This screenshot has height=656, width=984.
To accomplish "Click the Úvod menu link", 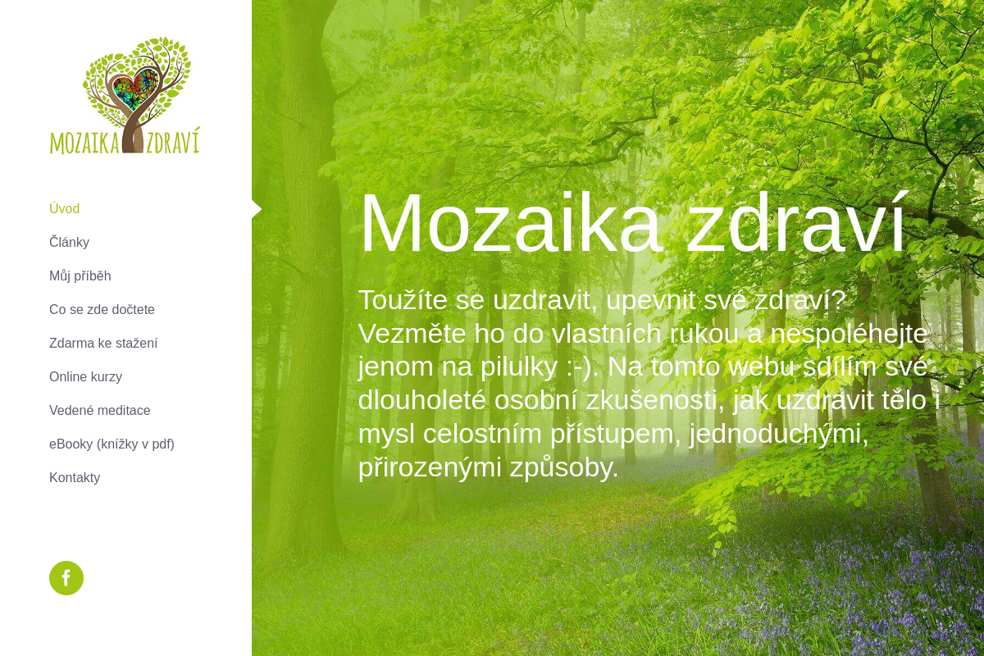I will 64,208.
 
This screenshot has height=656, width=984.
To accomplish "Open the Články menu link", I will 69,242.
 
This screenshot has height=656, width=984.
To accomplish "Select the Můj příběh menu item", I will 80,276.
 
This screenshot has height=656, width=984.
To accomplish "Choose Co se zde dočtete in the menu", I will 102,309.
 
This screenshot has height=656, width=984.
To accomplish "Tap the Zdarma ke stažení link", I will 103,343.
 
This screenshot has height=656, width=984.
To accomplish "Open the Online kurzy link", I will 85,376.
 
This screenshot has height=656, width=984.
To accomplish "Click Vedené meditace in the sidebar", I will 99,410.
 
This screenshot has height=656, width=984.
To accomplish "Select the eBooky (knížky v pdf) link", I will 112,444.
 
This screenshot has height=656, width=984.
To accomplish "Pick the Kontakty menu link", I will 75,477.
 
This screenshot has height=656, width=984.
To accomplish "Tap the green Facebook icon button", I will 66,578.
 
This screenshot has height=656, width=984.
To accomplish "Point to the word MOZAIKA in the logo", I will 84,142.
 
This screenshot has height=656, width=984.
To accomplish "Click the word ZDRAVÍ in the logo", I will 173,141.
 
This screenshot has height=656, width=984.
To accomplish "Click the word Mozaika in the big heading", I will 510,223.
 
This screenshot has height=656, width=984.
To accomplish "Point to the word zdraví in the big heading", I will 796,223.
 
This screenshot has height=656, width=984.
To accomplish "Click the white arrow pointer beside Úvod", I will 257,209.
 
